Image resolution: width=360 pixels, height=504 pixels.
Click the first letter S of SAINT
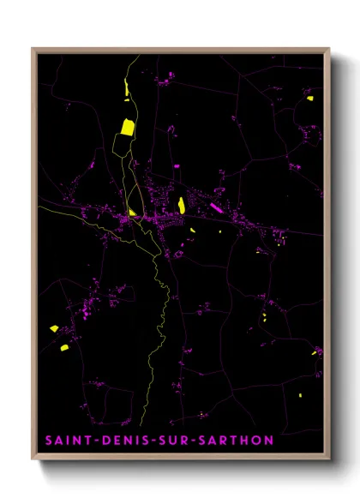pos(48,441)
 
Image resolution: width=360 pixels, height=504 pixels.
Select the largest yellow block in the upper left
pos(127,128)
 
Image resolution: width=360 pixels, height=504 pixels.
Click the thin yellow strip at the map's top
pos(126,89)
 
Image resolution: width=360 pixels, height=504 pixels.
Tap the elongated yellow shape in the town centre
pos(182,205)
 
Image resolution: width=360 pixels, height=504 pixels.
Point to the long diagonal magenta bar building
pos(215,207)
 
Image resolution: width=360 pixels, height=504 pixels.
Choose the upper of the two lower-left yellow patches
pos(54,328)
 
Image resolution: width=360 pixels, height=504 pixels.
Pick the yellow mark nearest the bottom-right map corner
pos(299,395)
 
